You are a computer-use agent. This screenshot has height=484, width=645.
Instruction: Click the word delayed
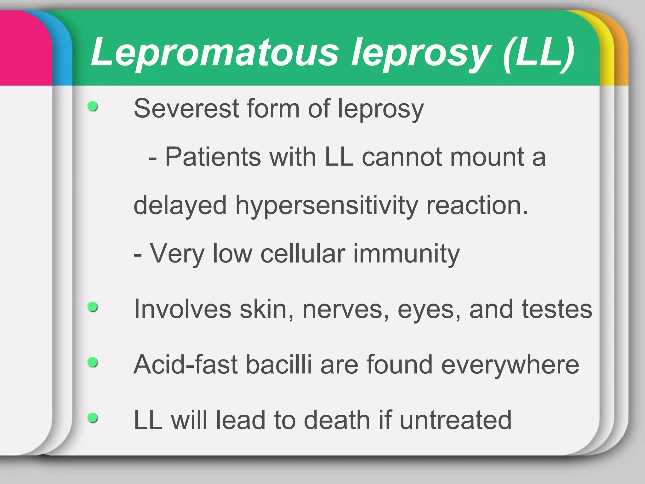[180, 206]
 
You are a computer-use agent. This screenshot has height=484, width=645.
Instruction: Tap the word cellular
[303, 254]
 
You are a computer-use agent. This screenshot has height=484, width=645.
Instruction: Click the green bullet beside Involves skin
[93, 307]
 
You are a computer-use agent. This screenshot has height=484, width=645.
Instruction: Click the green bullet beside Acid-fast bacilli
[93, 362]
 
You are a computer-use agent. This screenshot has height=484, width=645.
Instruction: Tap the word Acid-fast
[186, 365]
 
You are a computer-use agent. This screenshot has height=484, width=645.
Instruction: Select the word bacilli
[279, 365]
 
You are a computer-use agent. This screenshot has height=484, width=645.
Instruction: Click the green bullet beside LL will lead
[93, 418]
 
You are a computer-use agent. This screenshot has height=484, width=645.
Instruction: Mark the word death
[337, 420]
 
